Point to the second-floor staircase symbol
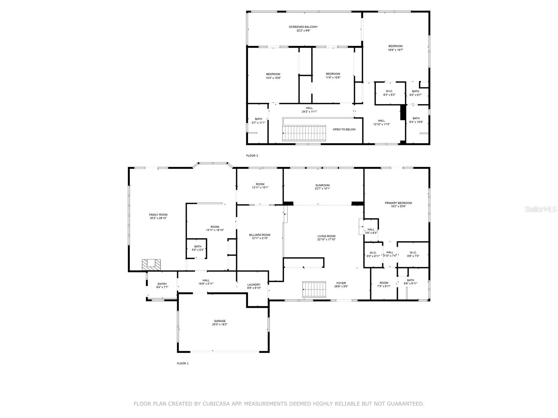(x=304, y=133)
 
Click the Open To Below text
(x=344, y=129)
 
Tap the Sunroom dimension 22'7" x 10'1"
(x=322, y=188)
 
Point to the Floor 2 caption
(x=252, y=156)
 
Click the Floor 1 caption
(x=183, y=363)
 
